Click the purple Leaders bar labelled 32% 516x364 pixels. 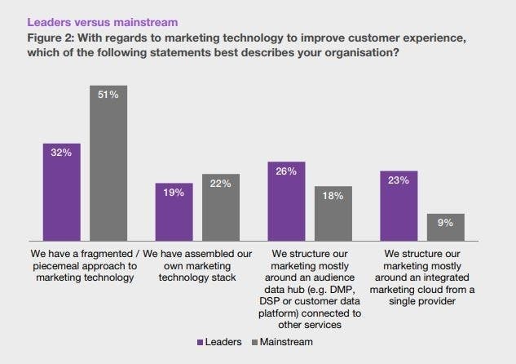pyautogui.click(x=62, y=191)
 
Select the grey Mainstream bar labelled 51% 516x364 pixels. pyautogui.click(x=108, y=162)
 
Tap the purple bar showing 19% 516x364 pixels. pyautogui.click(x=174, y=211)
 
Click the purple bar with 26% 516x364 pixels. pyautogui.click(x=287, y=200)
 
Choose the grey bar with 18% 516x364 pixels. pyautogui.click(x=333, y=213)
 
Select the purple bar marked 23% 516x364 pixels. pyautogui.click(x=399, y=205)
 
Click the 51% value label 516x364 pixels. pyautogui.click(x=108, y=95)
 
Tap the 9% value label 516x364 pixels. pyautogui.click(x=445, y=223)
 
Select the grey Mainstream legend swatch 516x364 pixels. pyautogui.click(x=254, y=343)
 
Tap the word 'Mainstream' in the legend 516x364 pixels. pyautogui.click(x=287, y=343)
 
